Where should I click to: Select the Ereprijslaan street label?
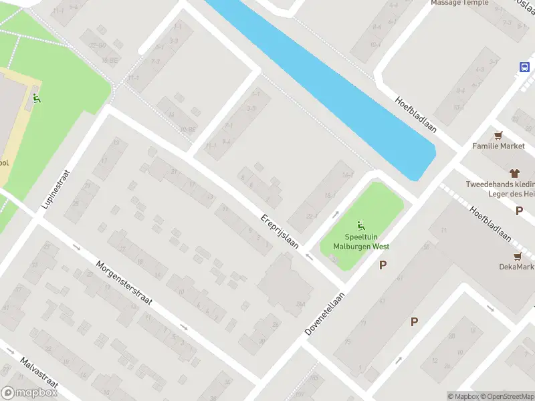point(279,233)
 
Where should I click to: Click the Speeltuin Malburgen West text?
point(361,242)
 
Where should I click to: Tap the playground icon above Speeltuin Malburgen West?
point(361,225)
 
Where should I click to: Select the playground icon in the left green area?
point(37,99)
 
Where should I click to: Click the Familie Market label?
point(499,146)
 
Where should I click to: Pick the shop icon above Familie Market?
point(498,134)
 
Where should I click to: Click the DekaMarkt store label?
point(517,267)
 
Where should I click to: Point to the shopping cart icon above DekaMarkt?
point(517,255)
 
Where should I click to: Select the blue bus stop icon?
point(525,67)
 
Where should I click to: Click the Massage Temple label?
point(459,3)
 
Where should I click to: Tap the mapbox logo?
point(29,393)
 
